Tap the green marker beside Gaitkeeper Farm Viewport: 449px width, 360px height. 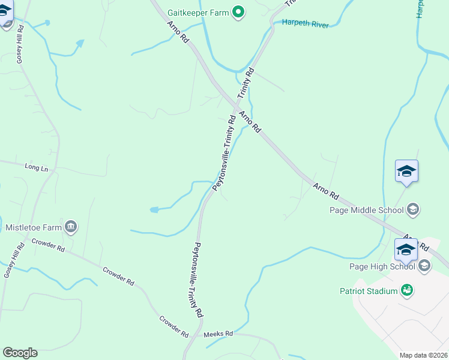239,12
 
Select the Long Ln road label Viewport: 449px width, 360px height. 36,167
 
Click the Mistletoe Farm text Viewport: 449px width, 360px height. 34,227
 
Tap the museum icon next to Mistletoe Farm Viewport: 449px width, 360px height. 71,226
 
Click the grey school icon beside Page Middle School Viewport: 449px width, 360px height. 413,209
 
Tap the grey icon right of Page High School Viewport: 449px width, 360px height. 424,266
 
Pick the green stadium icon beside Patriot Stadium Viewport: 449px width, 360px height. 408,290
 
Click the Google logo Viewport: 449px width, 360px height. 20,353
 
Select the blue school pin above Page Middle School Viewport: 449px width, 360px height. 406,172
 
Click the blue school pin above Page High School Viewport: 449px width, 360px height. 406,249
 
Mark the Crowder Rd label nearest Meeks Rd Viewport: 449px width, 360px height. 173,325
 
